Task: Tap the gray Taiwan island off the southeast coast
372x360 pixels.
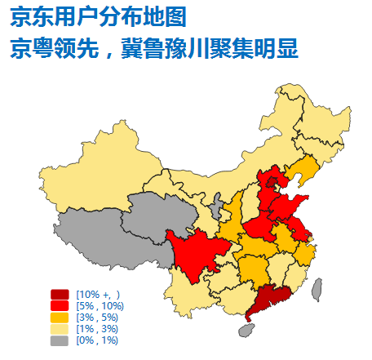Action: point(316,287)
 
